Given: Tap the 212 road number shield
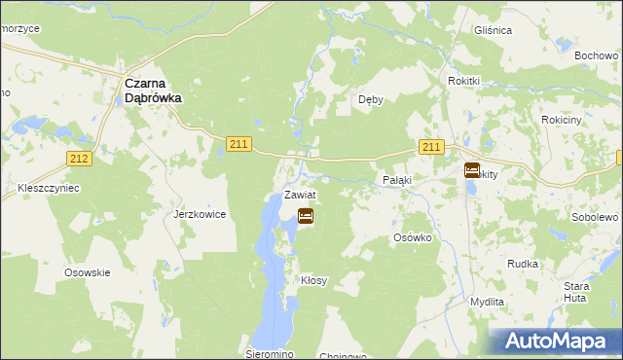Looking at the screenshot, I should click(x=80, y=158).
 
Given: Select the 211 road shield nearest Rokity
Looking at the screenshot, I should click(x=433, y=147).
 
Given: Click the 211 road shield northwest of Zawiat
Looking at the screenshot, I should click(x=239, y=144).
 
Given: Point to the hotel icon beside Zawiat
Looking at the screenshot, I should click(x=305, y=216).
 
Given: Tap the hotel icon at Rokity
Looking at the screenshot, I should click(x=472, y=170).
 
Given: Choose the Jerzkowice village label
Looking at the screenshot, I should click(x=200, y=214).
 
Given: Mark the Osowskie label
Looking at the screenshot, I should click(x=87, y=273).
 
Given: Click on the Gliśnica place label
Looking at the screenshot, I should click(x=493, y=30).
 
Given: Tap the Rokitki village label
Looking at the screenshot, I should click(x=465, y=81).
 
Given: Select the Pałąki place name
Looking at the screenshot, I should click(x=396, y=181).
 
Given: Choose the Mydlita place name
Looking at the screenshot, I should click(x=487, y=303).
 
